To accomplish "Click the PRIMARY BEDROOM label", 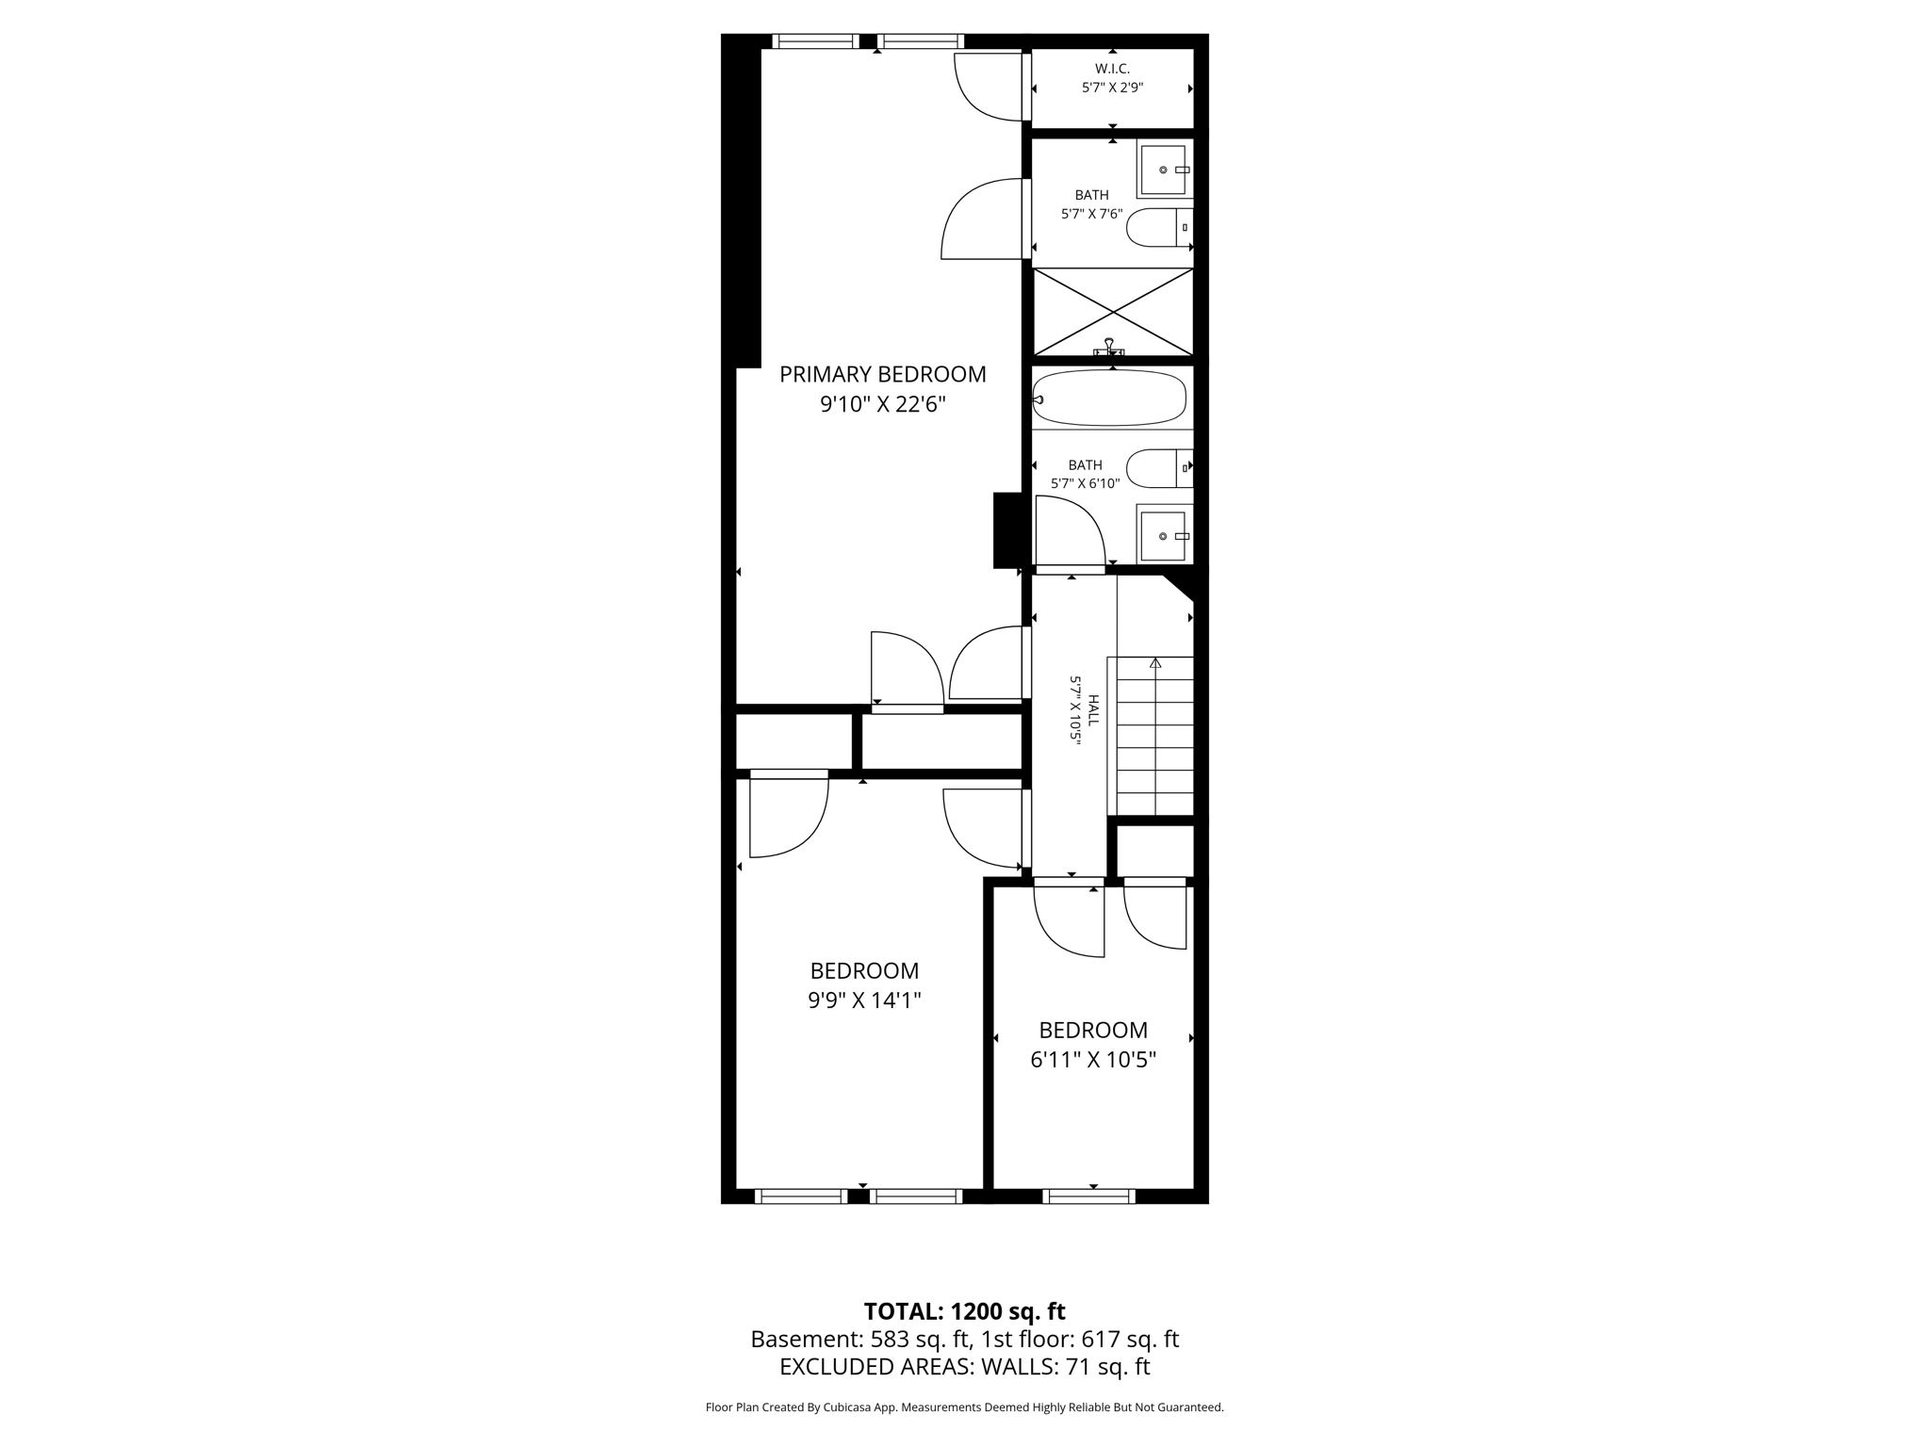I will pos(882,374).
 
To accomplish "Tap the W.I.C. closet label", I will pos(1112,69).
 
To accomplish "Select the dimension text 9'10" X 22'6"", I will pos(882,405).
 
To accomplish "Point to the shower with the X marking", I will pos(1113,312).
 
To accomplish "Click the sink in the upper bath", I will pos(1164,170).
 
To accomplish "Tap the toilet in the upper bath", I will pos(1158,227).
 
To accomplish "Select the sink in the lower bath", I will pos(1164,536).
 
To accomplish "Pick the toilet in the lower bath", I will pos(1158,468).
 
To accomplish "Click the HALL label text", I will pos(1093,710).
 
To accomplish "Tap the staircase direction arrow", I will pos(1155,663).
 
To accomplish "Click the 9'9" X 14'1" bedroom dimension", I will pos(864,1000).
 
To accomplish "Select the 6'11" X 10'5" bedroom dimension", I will pos(1093,1060).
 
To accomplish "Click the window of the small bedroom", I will pos(1088,1196).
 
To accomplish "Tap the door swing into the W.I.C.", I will pos(990,88).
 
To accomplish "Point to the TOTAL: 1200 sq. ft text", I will pos(964,1311).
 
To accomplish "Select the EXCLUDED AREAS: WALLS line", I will pos(964,1367).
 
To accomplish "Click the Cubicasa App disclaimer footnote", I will pos(964,1407).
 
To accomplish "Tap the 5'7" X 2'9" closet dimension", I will pos(1112,88).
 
